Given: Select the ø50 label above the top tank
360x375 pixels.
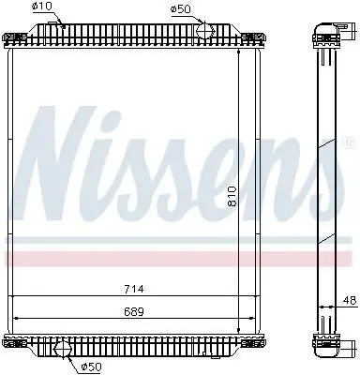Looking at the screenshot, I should click(x=183, y=10).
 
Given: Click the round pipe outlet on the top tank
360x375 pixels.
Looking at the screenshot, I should click(x=204, y=33).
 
